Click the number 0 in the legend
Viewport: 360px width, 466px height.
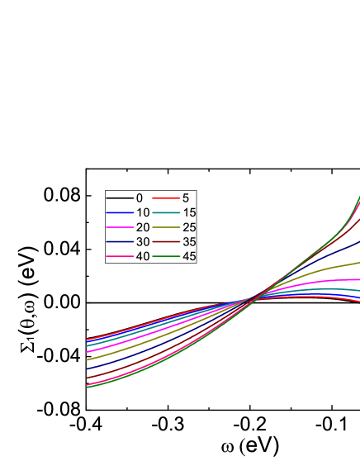139,198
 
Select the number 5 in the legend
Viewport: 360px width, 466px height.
185,198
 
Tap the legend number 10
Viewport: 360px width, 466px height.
142,212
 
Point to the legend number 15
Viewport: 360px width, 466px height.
189,212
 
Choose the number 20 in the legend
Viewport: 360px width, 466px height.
142,227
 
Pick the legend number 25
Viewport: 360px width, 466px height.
189,227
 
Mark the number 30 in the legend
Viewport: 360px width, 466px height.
142,242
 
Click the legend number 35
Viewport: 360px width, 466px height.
189,242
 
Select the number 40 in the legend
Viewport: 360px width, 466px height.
142,256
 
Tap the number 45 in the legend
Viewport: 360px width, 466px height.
189,256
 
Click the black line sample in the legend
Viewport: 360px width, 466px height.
120,198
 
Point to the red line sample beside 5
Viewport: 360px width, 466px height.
167,198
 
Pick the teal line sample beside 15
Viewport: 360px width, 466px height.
167,212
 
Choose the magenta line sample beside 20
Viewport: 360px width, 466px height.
120,227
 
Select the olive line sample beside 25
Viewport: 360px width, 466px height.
167,227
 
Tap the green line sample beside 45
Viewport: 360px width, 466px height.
167,256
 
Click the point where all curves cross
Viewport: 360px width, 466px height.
260,296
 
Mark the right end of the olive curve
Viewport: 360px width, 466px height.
358,263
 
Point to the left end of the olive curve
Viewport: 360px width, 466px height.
87,359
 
